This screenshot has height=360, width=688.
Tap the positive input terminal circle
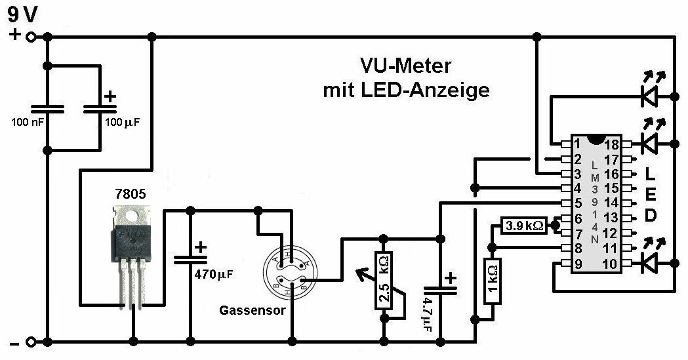30,37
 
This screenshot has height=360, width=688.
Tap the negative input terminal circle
30,342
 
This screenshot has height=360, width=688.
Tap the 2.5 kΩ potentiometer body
384,280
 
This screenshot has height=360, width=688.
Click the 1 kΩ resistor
492,281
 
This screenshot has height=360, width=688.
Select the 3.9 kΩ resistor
523,226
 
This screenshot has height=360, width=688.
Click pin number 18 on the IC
612,144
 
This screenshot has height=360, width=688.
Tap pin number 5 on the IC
578,204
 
